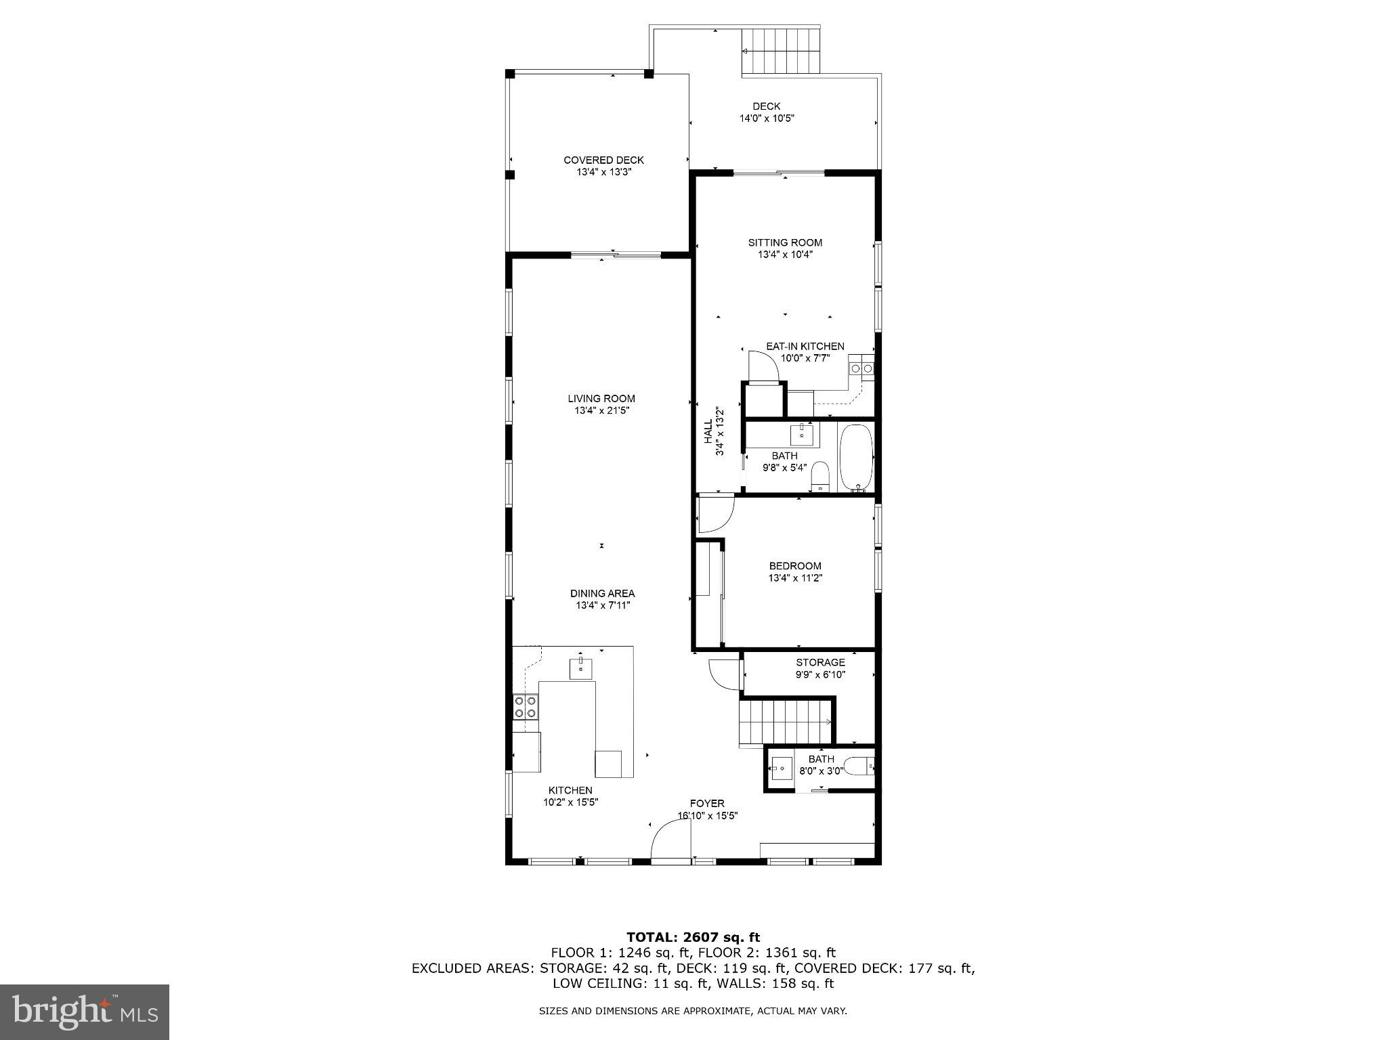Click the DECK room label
point(766,106)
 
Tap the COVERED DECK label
point(603,160)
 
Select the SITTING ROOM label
point(785,242)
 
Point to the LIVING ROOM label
point(601,399)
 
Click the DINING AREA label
point(602,594)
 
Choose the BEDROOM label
point(795,566)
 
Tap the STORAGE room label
point(820,662)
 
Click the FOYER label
point(707,804)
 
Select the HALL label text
point(708,431)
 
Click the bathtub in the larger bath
point(856,458)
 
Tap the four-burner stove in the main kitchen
point(525,706)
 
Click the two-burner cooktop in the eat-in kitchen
point(861,368)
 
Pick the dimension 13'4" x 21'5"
point(601,411)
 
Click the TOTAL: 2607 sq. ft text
point(693,938)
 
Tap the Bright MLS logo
point(85,1012)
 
